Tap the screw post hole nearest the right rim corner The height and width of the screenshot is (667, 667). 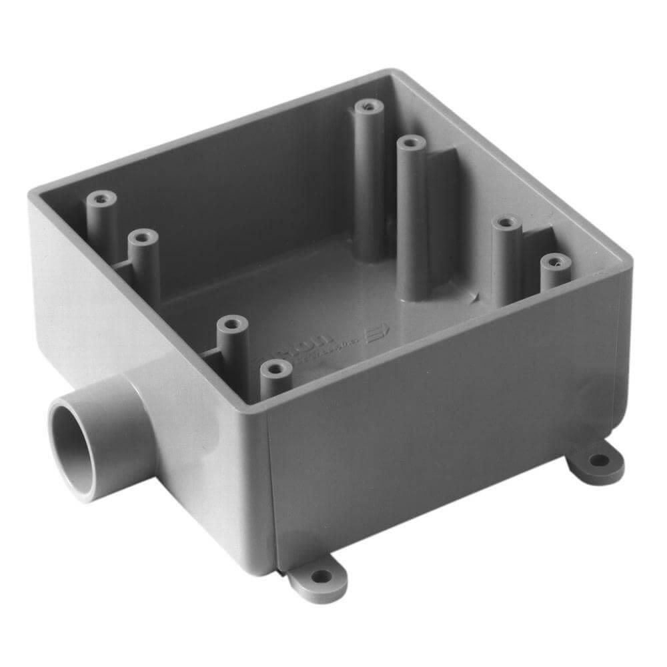point(555,262)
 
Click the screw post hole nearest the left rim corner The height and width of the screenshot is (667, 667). point(101,198)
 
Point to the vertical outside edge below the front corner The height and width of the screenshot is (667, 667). point(270,494)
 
